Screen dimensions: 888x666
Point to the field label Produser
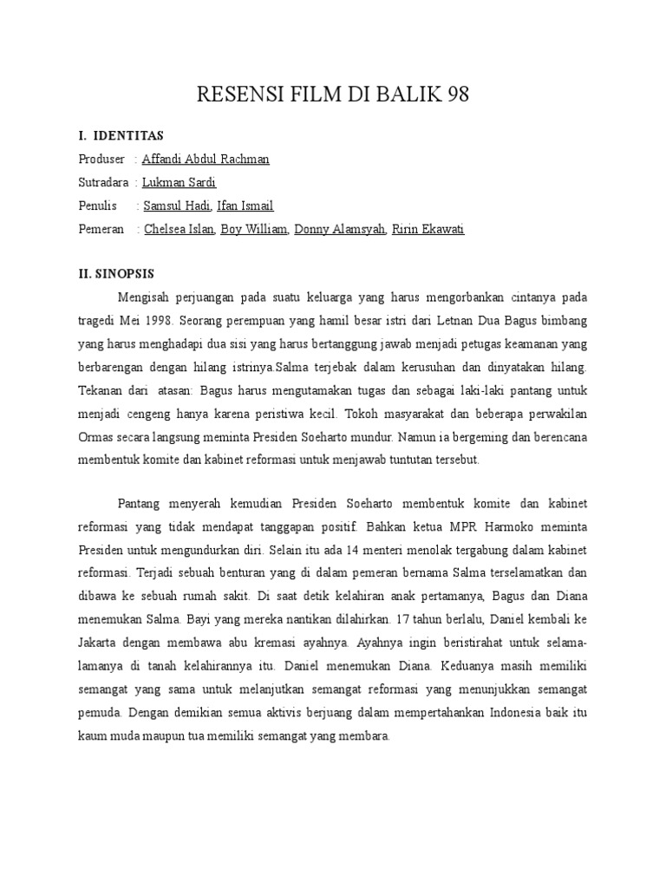[101, 159]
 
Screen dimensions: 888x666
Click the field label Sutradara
[104, 182]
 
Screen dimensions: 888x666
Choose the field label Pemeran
[102, 229]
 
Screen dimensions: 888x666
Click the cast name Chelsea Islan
[179, 229]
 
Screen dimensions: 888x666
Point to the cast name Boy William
[254, 229]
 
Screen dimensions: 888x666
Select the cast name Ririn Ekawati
[428, 229]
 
